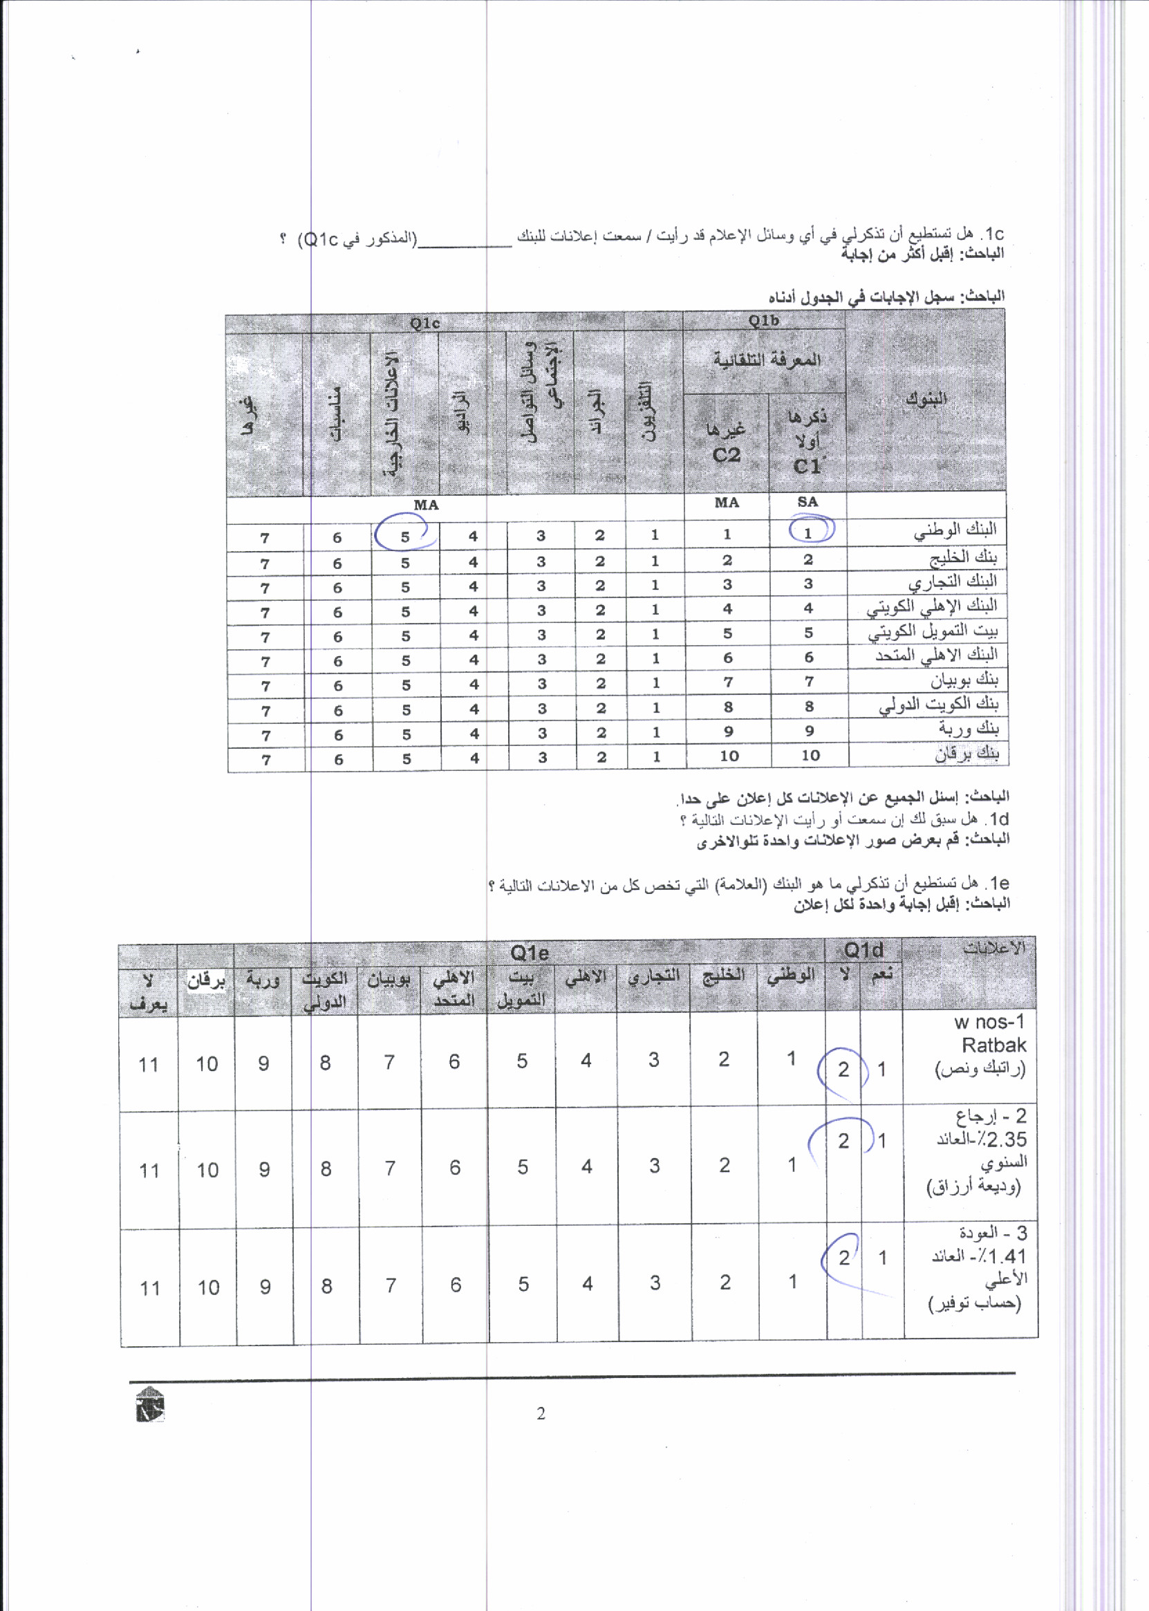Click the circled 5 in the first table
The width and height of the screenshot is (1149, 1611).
pyautogui.click(x=404, y=537)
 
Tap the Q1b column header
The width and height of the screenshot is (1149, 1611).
pyautogui.click(x=763, y=321)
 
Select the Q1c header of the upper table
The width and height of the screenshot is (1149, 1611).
pyautogui.click(x=424, y=324)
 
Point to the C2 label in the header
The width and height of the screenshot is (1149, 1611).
pyautogui.click(x=726, y=455)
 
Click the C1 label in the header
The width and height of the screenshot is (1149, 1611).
pyautogui.click(x=807, y=466)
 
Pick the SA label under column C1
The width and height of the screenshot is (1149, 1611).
pyautogui.click(x=807, y=502)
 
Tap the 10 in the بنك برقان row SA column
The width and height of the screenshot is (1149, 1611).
pyautogui.click(x=810, y=755)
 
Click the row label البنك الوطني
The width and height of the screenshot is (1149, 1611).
pyautogui.click(x=955, y=529)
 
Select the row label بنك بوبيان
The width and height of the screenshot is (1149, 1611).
pyautogui.click(x=964, y=680)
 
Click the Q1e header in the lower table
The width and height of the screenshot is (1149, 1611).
pyautogui.click(x=530, y=953)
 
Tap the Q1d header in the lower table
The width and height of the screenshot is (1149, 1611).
pyautogui.click(x=864, y=950)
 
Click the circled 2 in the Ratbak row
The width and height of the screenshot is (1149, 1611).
pyautogui.click(x=843, y=1069)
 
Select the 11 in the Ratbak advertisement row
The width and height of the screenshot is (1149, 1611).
pyautogui.click(x=149, y=1064)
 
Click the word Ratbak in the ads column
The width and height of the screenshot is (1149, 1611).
pyautogui.click(x=993, y=1045)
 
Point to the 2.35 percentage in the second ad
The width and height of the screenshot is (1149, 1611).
pyautogui.click(x=1005, y=1139)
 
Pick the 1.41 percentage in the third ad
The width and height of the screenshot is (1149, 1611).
pyautogui.click(x=1005, y=1256)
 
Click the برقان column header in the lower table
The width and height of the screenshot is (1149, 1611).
pyautogui.click(x=206, y=980)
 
